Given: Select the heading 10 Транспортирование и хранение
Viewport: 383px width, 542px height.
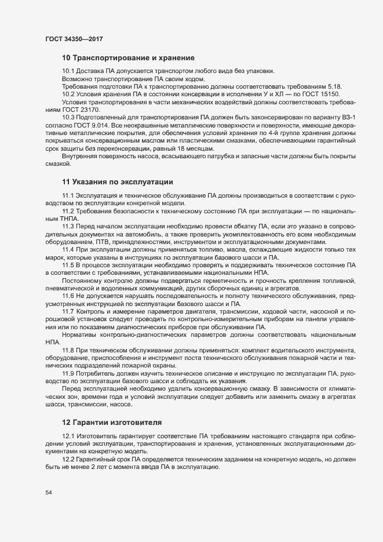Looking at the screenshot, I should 127,58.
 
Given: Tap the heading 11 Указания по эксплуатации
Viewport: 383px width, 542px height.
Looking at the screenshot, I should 118,181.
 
